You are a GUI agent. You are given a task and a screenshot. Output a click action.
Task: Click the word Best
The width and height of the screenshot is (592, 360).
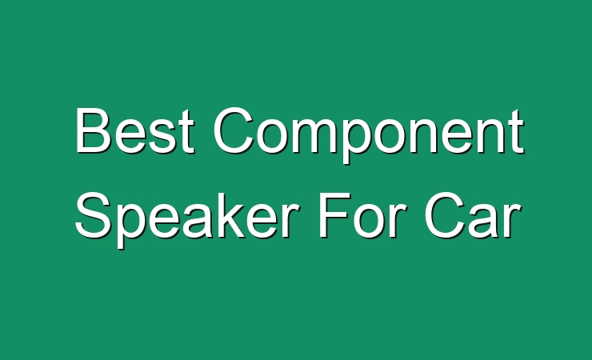[135, 130]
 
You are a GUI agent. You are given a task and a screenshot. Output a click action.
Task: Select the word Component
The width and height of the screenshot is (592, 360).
[369, 134]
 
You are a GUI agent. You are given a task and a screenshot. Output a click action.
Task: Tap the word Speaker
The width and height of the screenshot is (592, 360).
[187, 219]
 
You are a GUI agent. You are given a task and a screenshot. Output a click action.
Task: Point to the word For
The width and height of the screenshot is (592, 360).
[363, 214]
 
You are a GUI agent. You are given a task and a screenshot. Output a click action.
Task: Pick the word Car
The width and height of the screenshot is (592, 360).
[473, 214]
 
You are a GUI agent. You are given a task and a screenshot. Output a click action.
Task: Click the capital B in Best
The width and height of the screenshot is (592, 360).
[94, 130]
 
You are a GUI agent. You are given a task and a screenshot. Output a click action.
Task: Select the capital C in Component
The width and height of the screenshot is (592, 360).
[234, 130]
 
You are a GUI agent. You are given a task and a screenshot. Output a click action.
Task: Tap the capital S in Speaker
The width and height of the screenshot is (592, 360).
[94, 214]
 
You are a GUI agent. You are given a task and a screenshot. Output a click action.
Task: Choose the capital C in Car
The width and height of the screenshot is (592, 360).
[445, 214]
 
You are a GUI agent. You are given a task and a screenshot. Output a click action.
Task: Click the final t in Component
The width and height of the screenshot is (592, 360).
[516, 132]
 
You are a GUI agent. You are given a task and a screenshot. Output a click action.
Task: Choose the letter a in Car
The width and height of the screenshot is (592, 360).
[486, 221]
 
